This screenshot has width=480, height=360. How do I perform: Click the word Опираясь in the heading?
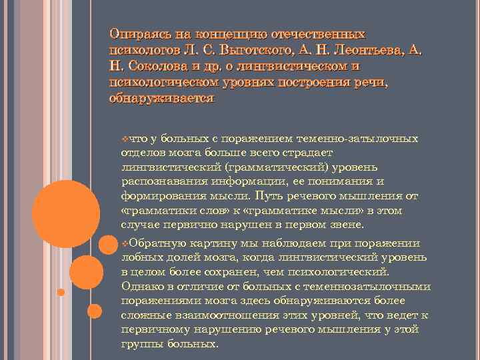pos(136,33)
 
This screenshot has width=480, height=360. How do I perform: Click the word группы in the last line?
pos(140,345)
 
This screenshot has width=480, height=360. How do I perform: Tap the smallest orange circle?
pos(60,292)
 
